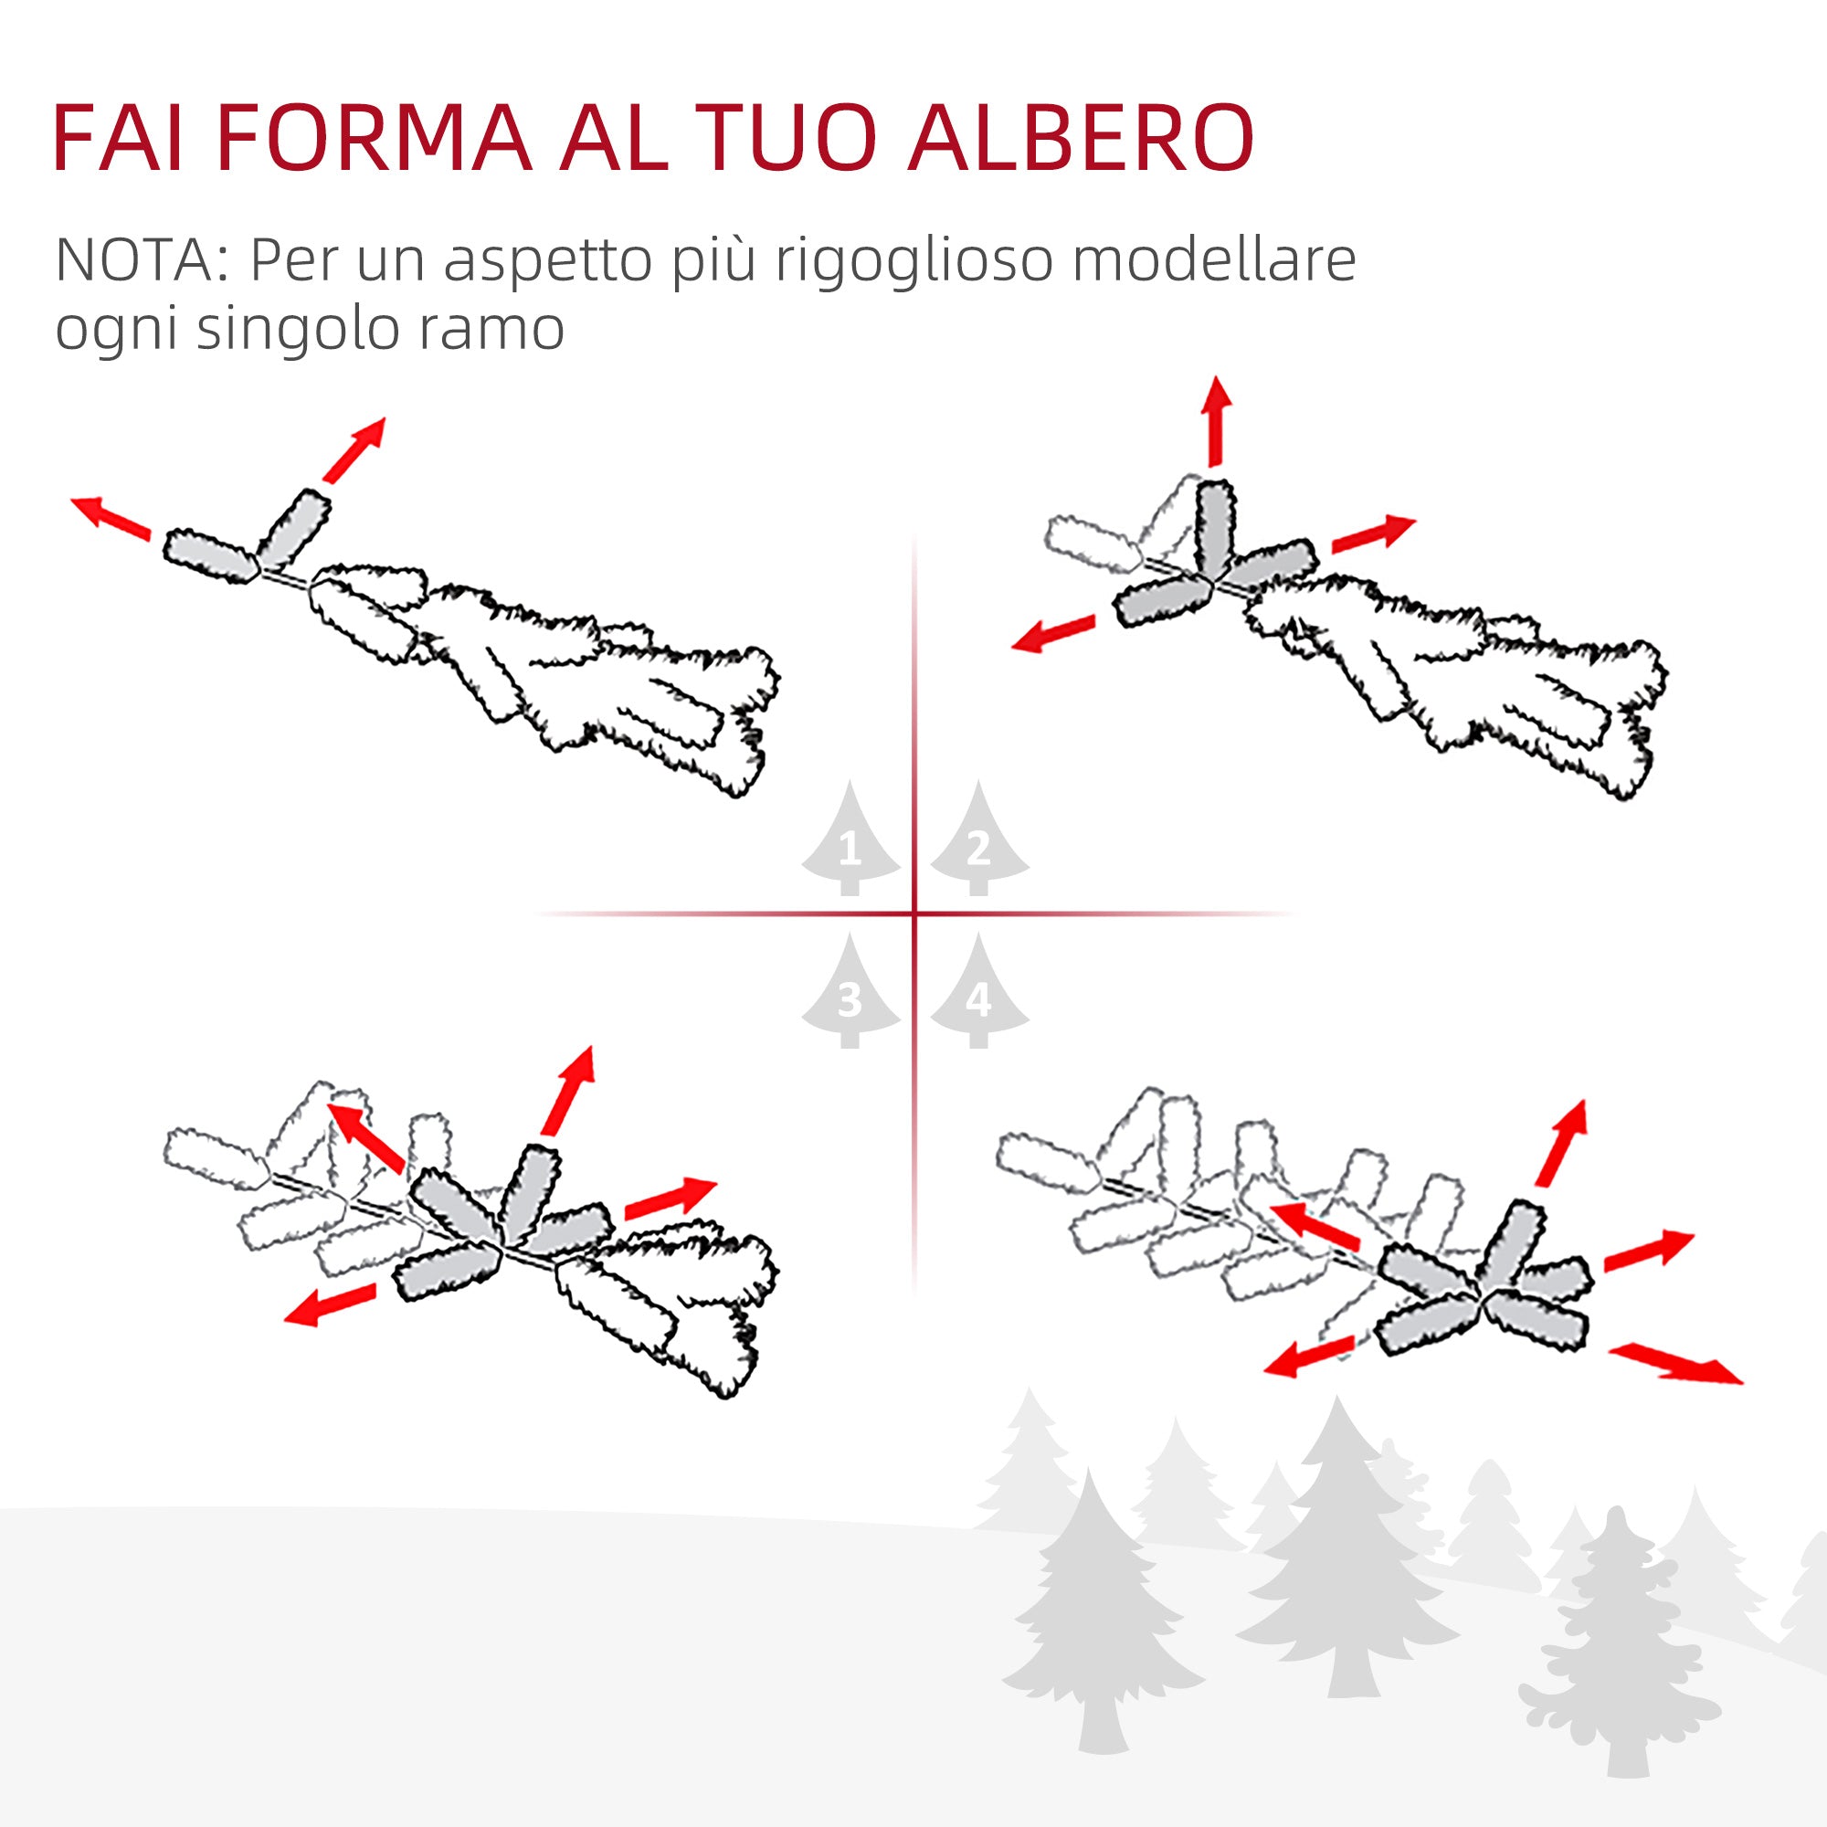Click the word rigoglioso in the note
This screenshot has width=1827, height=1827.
pos(913,261)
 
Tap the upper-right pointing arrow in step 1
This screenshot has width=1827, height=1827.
pos(354,449)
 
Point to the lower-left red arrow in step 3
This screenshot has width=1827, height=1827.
pos(331,1305)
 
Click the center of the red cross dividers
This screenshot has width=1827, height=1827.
pos(914,913)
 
